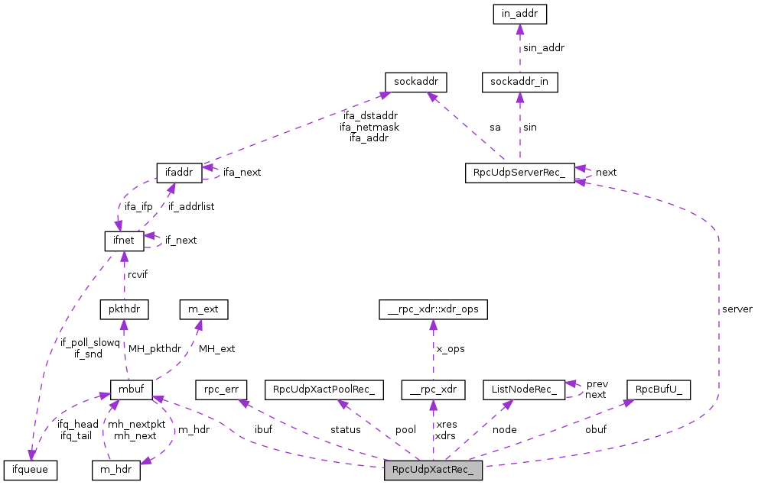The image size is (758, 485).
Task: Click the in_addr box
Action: click(x=519, y=13)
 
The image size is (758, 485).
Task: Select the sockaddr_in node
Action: click(x=519, y=82)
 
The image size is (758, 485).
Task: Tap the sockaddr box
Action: click(x=415, y=82)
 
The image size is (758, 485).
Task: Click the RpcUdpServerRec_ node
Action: click(x=519, y=173)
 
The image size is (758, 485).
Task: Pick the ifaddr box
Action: click(x=178, y=173)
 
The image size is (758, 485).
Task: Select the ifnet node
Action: click(x=124, y=241)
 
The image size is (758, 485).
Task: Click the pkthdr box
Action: click(x=124, y=310)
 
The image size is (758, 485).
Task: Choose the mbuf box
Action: click(x=133, y=390)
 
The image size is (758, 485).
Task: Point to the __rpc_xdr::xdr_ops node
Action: click(x=433, y=310)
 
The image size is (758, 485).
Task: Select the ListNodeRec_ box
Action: click(x=523, y=390)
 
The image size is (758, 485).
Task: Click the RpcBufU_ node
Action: click(x=659, y=390)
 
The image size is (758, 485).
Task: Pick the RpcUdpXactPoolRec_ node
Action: click(x=323, y=390)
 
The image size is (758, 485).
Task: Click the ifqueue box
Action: click(x=31, y=469)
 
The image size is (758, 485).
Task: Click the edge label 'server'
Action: click(x=737, y=309)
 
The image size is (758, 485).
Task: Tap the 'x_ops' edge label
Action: click(x=451, y=348)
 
